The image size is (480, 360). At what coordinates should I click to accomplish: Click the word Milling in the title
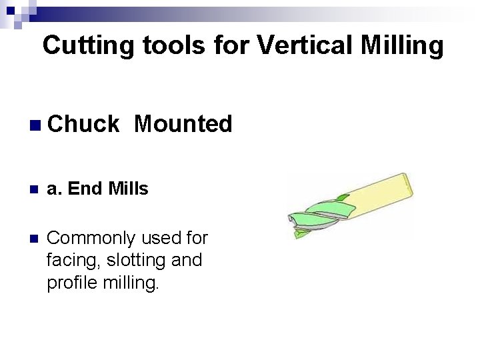click(403, 45)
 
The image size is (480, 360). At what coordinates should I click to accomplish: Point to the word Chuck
click(83, 123)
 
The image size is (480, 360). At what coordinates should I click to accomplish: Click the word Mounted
click(183, 123)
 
